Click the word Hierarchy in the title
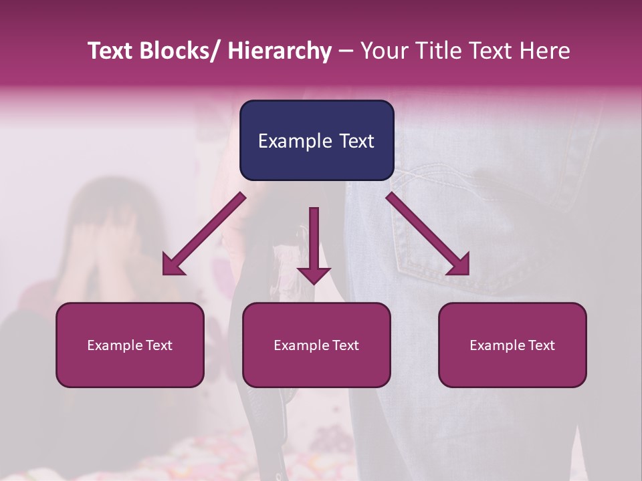[x=279, y=51]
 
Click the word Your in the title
[x=383, y=51]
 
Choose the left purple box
[x=130, y=345]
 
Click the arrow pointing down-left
[x=201, y=236]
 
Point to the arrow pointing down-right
[x=429, y=236]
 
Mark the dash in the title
[x=346, y=51]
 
